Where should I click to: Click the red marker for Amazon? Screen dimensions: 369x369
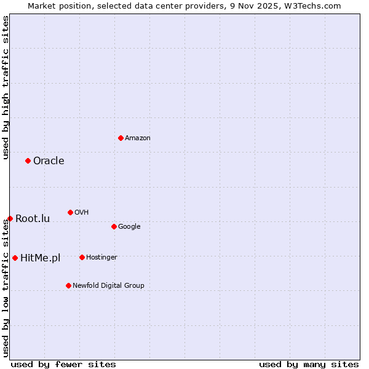tap(121, 138)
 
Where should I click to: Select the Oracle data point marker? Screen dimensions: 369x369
tap(28, 161)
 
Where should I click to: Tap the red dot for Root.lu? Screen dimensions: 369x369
tap(10, 218)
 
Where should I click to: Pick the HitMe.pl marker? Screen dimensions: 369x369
tap(15, 258)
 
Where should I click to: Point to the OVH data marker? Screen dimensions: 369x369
tap(70, 212)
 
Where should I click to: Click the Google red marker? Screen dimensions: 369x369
tap(114, 226)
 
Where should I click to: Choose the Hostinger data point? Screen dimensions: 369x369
tap(82, 257)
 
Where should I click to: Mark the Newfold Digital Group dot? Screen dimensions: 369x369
tap(68, 285)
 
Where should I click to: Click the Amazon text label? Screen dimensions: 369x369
tap(137, 138)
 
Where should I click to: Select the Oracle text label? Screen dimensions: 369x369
tap(49, 161)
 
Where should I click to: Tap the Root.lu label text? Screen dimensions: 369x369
tap(33, 218)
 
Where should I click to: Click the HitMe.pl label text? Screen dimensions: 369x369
tap(41, 258)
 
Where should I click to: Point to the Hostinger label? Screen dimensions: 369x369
tap(101, 257)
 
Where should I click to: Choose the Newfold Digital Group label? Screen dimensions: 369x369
tap(108, 285)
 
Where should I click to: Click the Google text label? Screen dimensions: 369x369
tap(129, 226)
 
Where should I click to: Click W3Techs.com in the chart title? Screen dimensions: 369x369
tap(315, 6)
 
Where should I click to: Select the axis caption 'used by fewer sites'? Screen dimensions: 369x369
tap(63, 364)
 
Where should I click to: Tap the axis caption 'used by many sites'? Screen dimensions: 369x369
tap(309, 364)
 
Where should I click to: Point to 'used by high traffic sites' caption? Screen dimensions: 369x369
tap(6, 87)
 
